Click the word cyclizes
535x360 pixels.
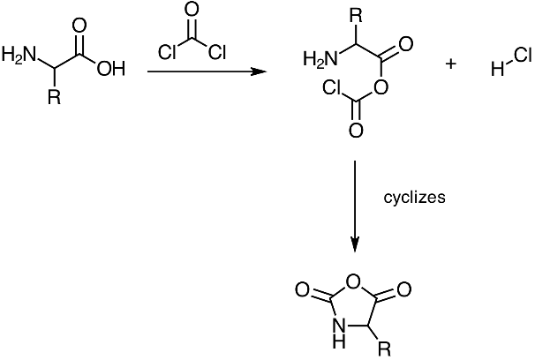coord(414,197)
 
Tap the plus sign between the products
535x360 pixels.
coord(451,64)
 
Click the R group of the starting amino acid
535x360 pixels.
coord(53,98)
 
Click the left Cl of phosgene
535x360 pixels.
coord(168,52)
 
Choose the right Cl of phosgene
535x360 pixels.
coord(217,52)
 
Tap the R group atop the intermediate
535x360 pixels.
coord(355,15)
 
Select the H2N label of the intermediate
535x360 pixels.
coord(319,59)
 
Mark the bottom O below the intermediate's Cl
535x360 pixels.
coord(355,131)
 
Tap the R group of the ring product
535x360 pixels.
coord(383,350)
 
